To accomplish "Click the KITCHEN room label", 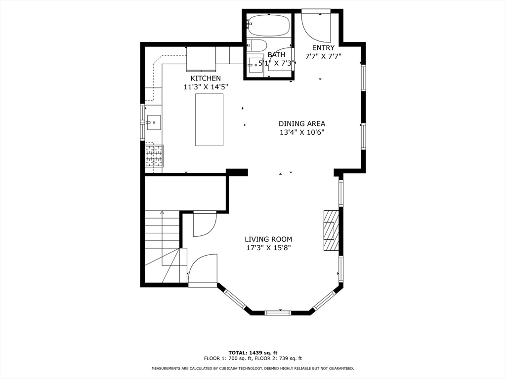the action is coord(206,78).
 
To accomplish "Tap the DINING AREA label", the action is coord(302,124).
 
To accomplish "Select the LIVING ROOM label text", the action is coord(268,239).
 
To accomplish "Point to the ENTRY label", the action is coord(323,48).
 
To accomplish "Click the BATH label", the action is coord(276,55).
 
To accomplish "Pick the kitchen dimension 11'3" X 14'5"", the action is coord(206,87).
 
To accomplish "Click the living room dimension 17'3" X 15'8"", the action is coord(268,248).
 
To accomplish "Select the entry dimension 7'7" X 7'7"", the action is coord(323,56).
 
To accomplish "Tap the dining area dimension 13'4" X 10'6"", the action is coord(302,132).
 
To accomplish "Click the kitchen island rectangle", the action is coord(209,120).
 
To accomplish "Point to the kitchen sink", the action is coord(154,122).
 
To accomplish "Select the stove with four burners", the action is coord(154,156).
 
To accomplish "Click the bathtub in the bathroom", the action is coord(268,25).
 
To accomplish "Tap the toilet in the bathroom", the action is coord(257,45).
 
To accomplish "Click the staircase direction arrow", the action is coord(162,238).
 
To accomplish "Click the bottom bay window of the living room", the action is coord(278,312).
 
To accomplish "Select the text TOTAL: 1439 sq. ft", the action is coord(253,353).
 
